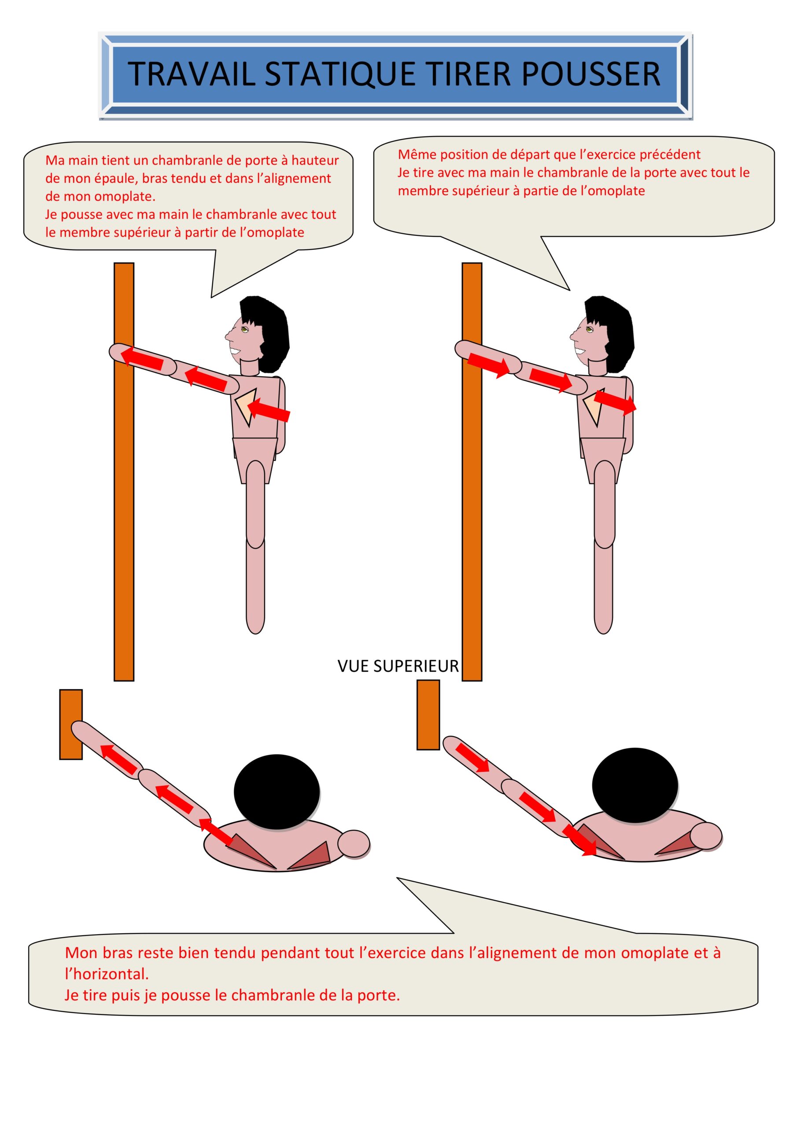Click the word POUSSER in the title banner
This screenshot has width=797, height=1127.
tap(591, 74)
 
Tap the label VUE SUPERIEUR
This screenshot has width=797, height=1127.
tap(398, 666)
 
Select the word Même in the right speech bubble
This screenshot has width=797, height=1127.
tap(417, 154)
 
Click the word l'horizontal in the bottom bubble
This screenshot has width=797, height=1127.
tap(107, 973)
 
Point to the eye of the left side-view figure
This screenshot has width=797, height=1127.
tap(244, 329)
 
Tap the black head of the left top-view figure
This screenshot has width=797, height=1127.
tap(277, 792)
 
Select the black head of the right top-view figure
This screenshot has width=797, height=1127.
tap(635, 785)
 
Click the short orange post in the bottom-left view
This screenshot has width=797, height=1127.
tap(71, 724)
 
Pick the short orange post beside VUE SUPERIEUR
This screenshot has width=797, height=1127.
tap(428, 714)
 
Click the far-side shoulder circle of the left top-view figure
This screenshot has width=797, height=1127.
tap(354, 843)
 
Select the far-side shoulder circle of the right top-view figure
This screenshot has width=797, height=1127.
tap(706, 836)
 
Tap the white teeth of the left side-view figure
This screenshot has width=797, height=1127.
tap(236, 351)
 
